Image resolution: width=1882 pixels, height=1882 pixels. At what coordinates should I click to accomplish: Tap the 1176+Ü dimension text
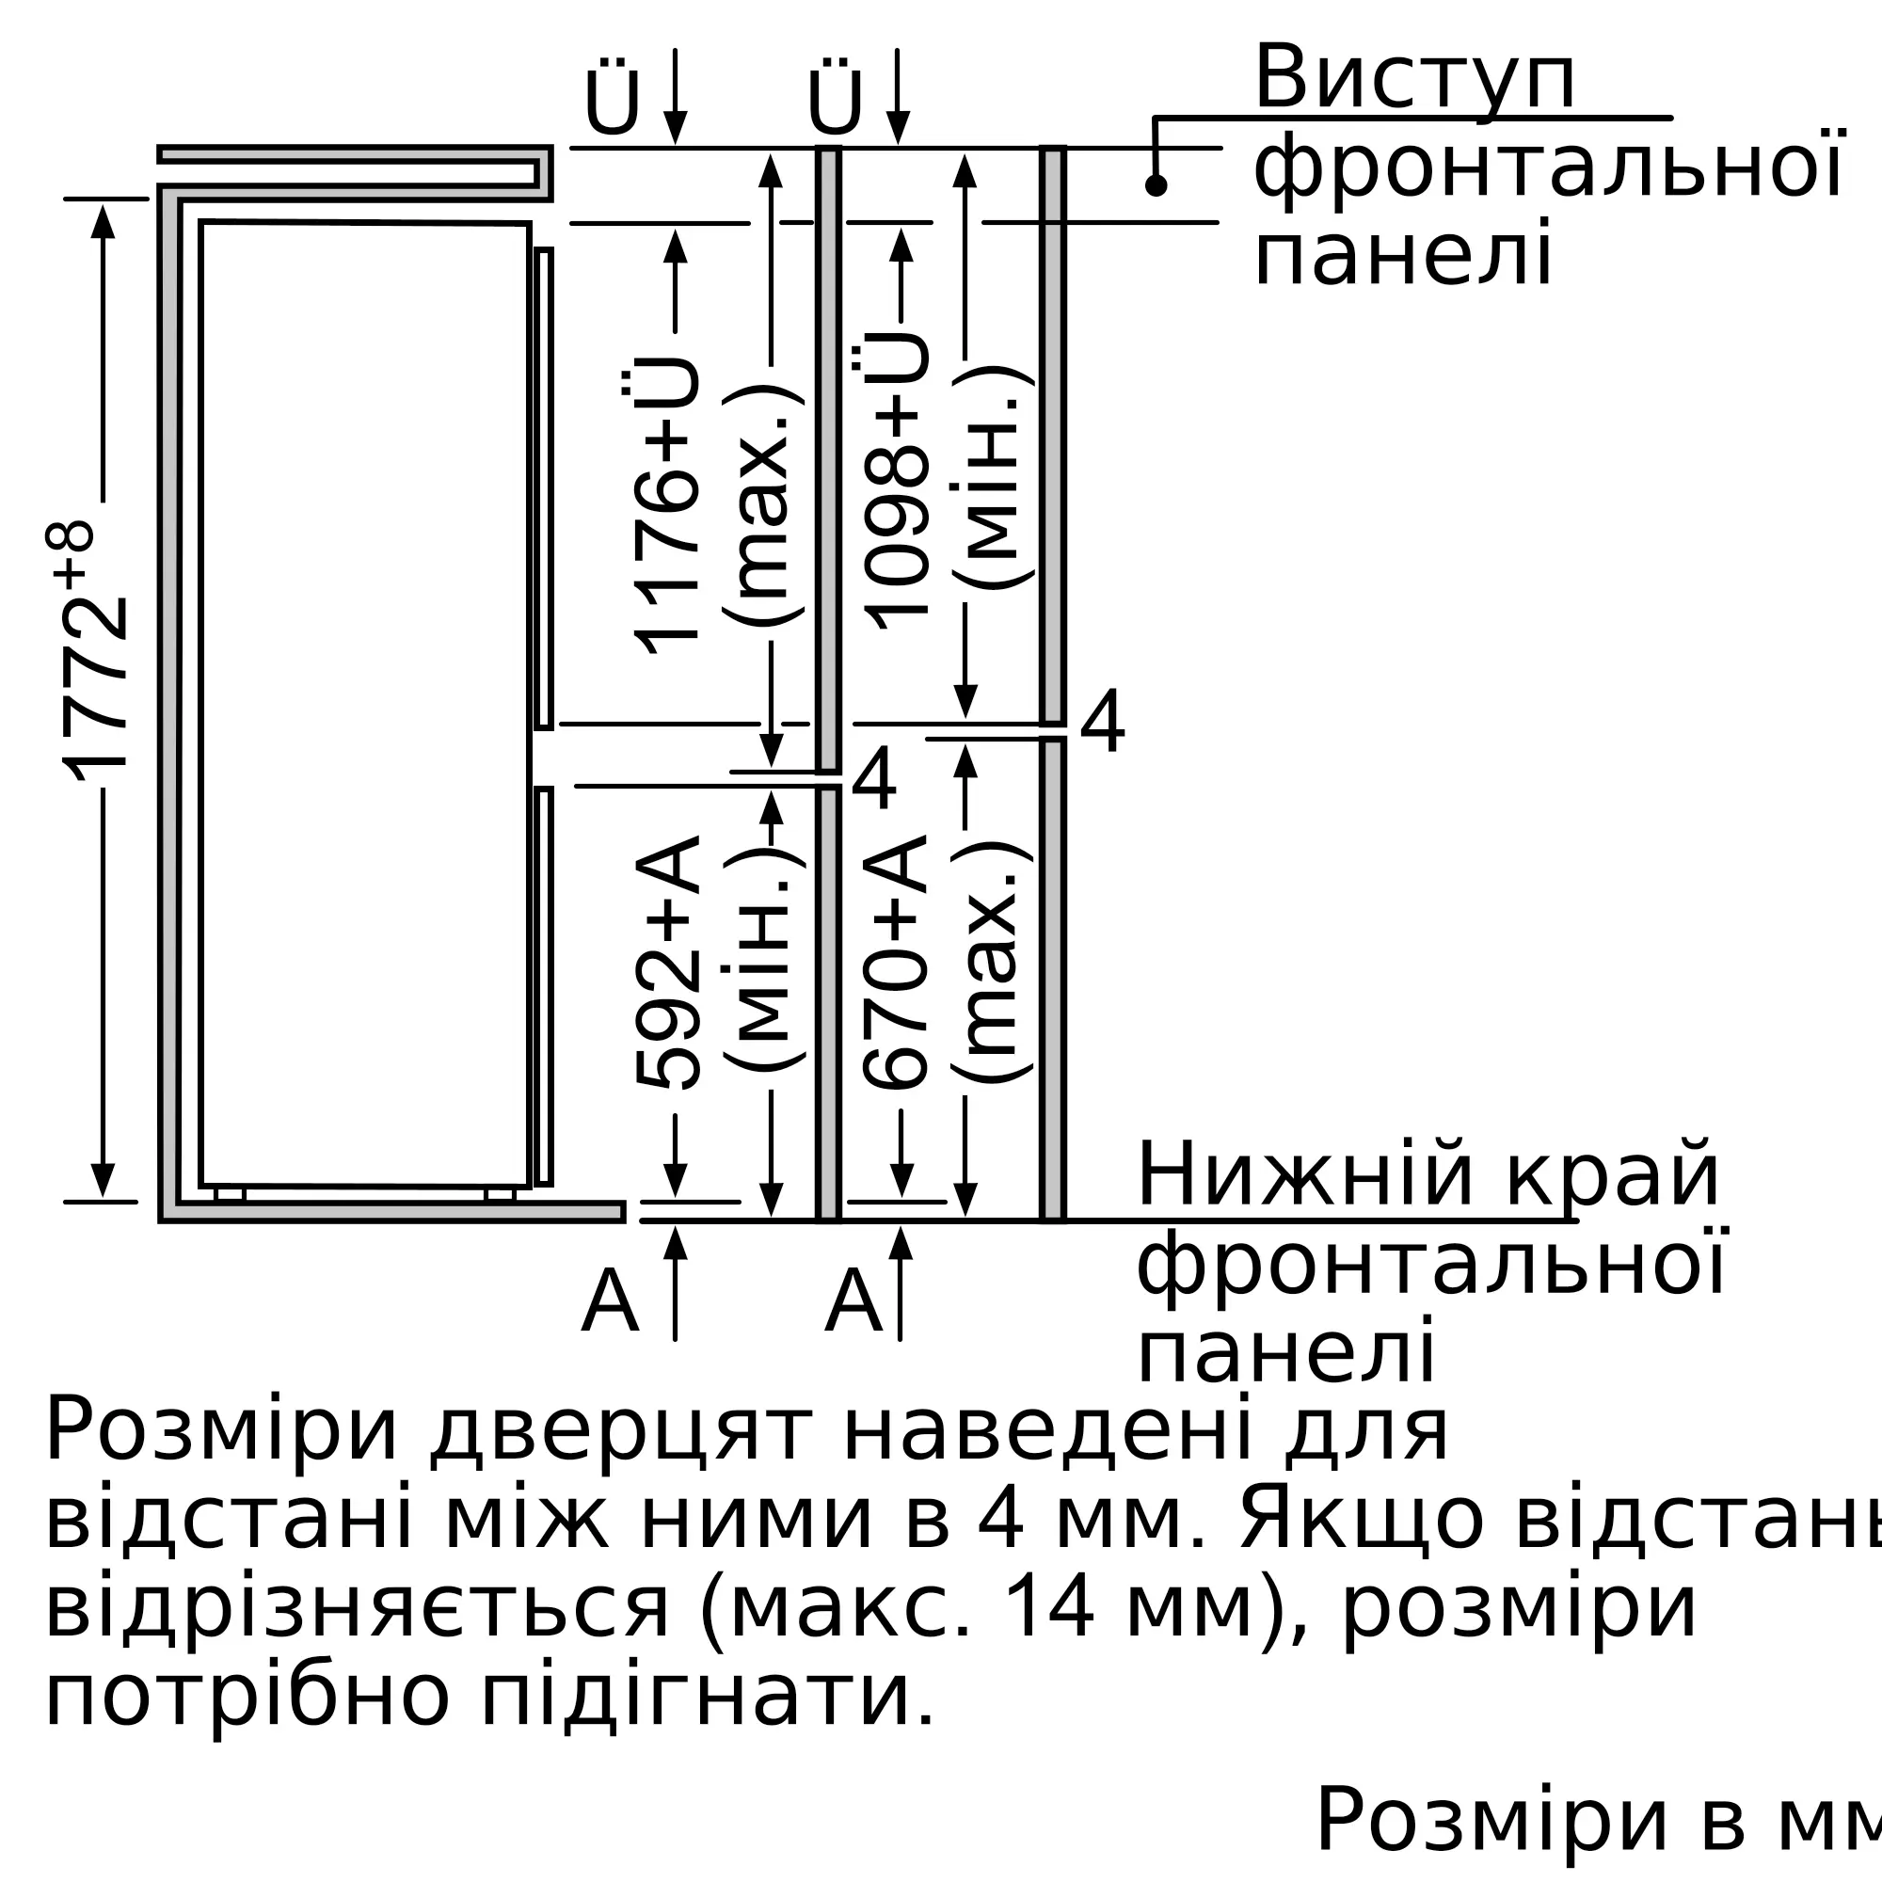(665, 504)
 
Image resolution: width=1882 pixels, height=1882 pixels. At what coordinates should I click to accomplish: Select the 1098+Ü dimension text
(894, 481)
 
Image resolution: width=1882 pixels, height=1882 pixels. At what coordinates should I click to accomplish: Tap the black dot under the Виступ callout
(1156, 185)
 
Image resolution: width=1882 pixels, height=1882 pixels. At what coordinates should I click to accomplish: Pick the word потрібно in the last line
(247, 1699)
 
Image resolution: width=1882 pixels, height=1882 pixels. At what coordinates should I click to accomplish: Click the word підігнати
(708, 1699)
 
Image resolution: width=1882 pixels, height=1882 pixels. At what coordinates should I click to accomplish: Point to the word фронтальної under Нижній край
(1431, 1265)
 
